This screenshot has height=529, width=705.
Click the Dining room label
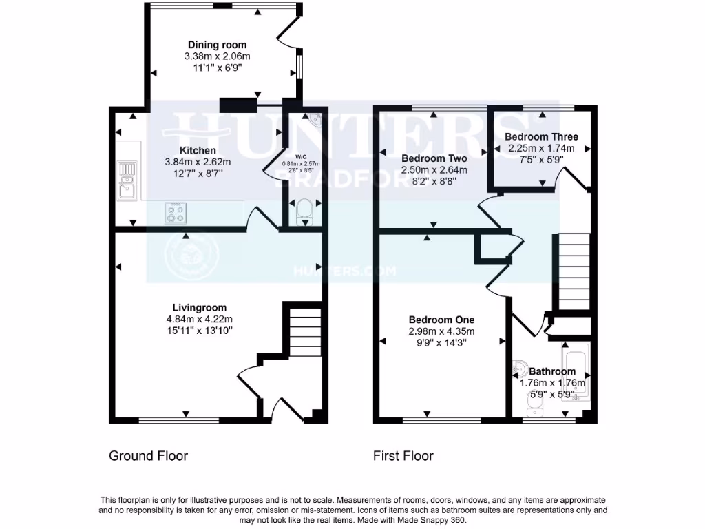click(217, 45)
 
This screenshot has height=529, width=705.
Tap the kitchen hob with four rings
click(176, 213)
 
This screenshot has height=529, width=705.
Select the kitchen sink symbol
click(127, 180)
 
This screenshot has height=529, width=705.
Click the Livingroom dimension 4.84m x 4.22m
click(199, 319)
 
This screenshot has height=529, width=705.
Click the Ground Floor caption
click(148, 455)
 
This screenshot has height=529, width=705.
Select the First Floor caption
click(403, 455)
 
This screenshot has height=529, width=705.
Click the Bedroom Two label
click(434, 158)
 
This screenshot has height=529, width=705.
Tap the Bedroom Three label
click(541, 136)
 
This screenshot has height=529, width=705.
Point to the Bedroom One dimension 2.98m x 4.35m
click(441, 331)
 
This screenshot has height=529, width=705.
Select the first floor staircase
click(574, 272)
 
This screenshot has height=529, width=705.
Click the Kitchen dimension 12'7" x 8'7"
click(198, 174)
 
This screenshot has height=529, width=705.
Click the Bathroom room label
click(552, 371)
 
